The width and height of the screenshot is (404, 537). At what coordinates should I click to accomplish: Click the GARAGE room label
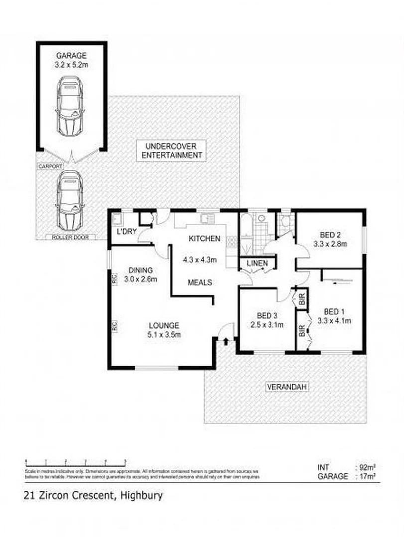71,55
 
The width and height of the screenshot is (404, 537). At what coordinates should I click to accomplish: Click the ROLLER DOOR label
70,237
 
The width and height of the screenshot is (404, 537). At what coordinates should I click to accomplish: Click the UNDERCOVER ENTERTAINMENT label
172,150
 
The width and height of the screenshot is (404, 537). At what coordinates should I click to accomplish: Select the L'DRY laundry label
127,232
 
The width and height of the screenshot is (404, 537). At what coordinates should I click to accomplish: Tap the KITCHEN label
204,239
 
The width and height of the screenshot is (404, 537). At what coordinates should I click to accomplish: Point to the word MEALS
200,282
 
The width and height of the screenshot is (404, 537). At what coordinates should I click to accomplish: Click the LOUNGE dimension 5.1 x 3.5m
164,335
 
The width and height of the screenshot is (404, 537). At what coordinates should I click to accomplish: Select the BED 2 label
329,235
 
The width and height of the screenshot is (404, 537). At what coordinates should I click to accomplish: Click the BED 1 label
334,312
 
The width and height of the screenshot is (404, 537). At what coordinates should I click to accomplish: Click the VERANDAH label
285,387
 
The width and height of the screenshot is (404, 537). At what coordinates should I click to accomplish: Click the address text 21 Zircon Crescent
70,495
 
